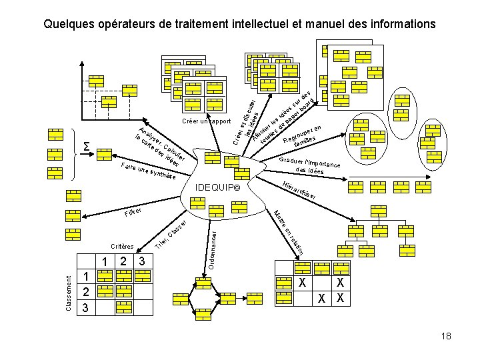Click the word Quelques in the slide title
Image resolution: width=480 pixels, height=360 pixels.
[x=68, y=24]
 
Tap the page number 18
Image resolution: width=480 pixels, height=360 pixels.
[x=446, y=336]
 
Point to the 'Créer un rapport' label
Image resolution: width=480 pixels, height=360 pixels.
[x=205, y=122]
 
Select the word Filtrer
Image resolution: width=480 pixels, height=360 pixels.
[x=134, y=213]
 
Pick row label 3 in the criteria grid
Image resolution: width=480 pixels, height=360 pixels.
[x=85, y=309]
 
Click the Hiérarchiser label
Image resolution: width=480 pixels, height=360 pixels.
[x=295, y=191]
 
